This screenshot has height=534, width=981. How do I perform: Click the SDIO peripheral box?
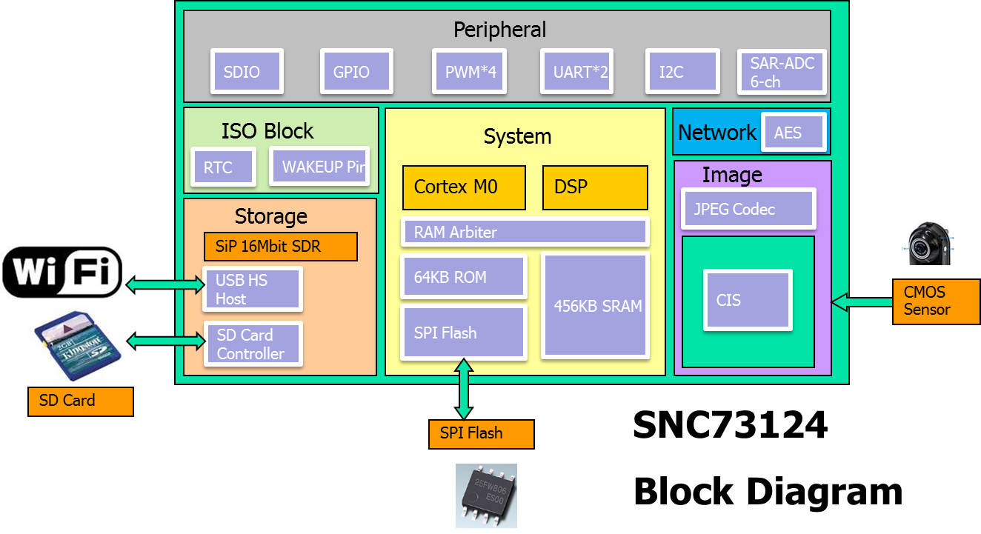(x=247, y=72)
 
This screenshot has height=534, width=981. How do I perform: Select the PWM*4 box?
(x=470, y=72)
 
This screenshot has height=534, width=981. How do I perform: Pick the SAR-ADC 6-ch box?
(x=782, y=72)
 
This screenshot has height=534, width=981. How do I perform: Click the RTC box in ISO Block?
(x=223, y=167)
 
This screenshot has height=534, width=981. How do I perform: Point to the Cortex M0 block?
(x=464, y=187)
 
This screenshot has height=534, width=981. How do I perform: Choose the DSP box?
(x=595, y=187)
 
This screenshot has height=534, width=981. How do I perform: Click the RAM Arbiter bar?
(x=525, y=232)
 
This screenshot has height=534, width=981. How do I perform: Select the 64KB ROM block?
(x=463, y=277)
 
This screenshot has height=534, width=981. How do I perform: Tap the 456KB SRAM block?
(x=597, y=306)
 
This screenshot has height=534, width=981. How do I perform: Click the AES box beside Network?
(x=794, y=133)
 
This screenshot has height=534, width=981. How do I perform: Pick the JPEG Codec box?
(x=748, y=209)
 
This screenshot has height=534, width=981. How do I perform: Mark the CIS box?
(x=748, y=300)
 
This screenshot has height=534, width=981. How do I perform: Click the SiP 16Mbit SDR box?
(x=280, y=247)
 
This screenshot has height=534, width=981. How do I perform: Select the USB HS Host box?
(x=252, y=290)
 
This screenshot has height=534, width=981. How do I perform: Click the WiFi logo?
(x=62, y=273)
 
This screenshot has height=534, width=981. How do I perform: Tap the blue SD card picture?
(x=75, y=344)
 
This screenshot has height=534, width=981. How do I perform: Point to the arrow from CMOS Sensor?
(x=861, y=301)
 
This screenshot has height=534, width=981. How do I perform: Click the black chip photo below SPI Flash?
(x=486, y=495)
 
